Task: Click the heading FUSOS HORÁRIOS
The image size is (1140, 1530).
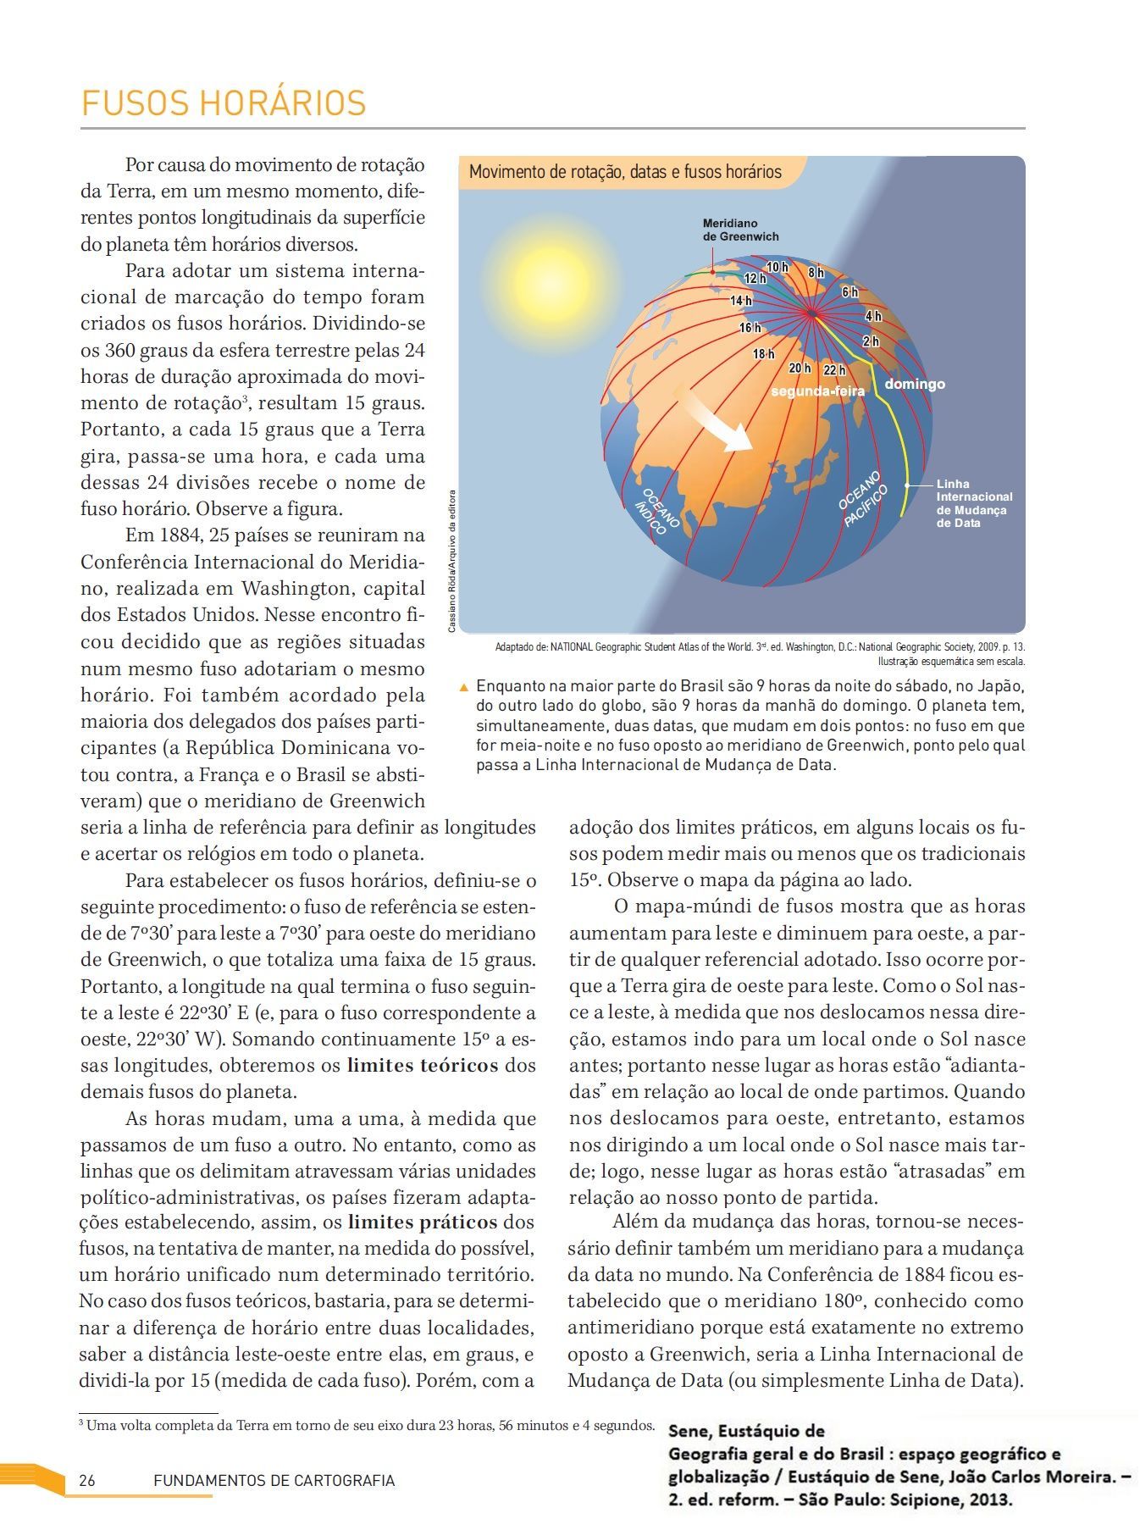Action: pos(224,103)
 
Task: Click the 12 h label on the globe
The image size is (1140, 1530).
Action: pos(755,278)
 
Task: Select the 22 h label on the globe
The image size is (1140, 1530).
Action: pos(834,369)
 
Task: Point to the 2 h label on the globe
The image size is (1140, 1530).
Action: pos(871,341)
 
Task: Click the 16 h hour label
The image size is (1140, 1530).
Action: pos(750,327)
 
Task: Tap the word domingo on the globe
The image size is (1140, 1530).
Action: pos(915,384)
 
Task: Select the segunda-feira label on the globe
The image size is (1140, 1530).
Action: pos(817,391)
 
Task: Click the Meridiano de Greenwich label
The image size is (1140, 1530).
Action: pos(740,230)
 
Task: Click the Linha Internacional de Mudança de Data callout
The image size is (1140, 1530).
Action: pos(974,503)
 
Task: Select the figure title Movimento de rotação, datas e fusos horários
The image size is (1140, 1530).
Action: pos(625,172)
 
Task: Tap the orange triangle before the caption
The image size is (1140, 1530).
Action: pos(463,686)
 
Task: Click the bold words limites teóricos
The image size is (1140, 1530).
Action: pos(423,1065)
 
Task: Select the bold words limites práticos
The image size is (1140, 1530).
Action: pos(423,1222)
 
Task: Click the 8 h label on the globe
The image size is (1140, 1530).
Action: pos(816,273)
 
